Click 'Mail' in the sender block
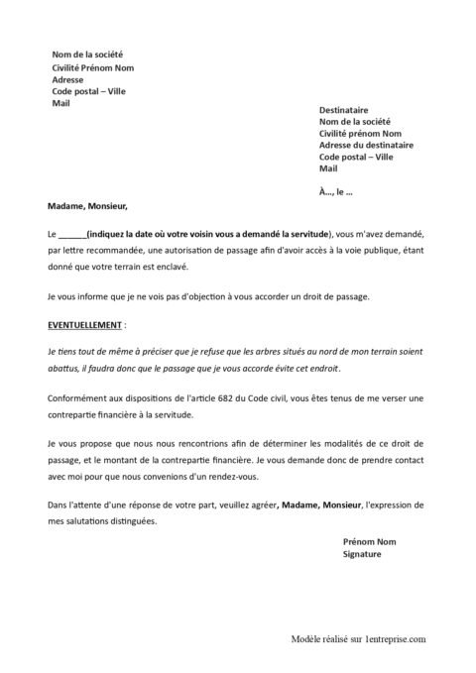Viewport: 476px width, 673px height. pyautogui.click(x=60, y=101)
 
